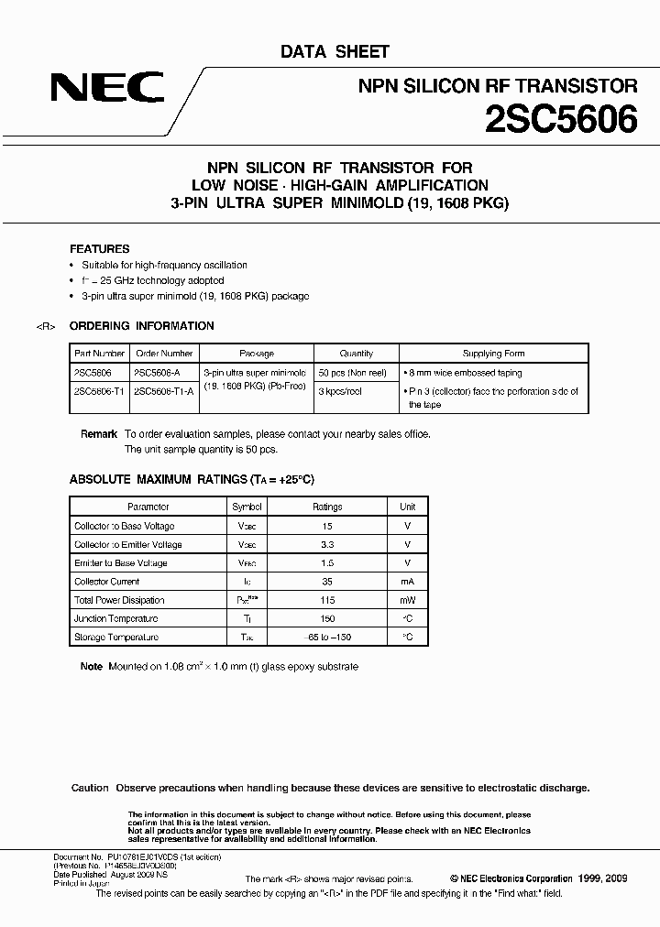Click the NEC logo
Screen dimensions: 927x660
coord(107,88)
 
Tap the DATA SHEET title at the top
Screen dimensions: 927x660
coord(335,52)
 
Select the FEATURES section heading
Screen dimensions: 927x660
coord(100,249)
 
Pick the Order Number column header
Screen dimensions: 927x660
coord(164,354)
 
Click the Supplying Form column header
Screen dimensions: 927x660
coord(494,354)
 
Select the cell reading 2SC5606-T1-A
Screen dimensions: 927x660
coord(164,391)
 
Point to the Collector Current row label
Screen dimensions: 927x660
coord(107,582)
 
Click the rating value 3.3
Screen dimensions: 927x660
coord(327,544)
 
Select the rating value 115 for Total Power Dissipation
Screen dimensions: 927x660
coord(327,600)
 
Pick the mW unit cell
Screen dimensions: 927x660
coord(408,600)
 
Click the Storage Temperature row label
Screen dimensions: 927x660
coord(116,638)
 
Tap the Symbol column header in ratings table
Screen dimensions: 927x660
coord(247,507)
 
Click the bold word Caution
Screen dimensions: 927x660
coord(90,788)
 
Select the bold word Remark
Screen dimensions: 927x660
coord(99,434)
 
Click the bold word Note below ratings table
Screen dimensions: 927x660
coord(92,667)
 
